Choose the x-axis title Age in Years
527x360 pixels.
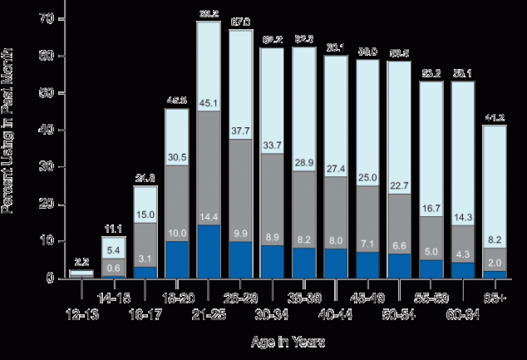click(x=288, y=342)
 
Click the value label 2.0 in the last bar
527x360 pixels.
click(x=494, y=262)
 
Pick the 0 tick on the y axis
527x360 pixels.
click(x=52, y=278)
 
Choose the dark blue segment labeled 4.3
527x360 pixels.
click(x=462, y=270)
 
